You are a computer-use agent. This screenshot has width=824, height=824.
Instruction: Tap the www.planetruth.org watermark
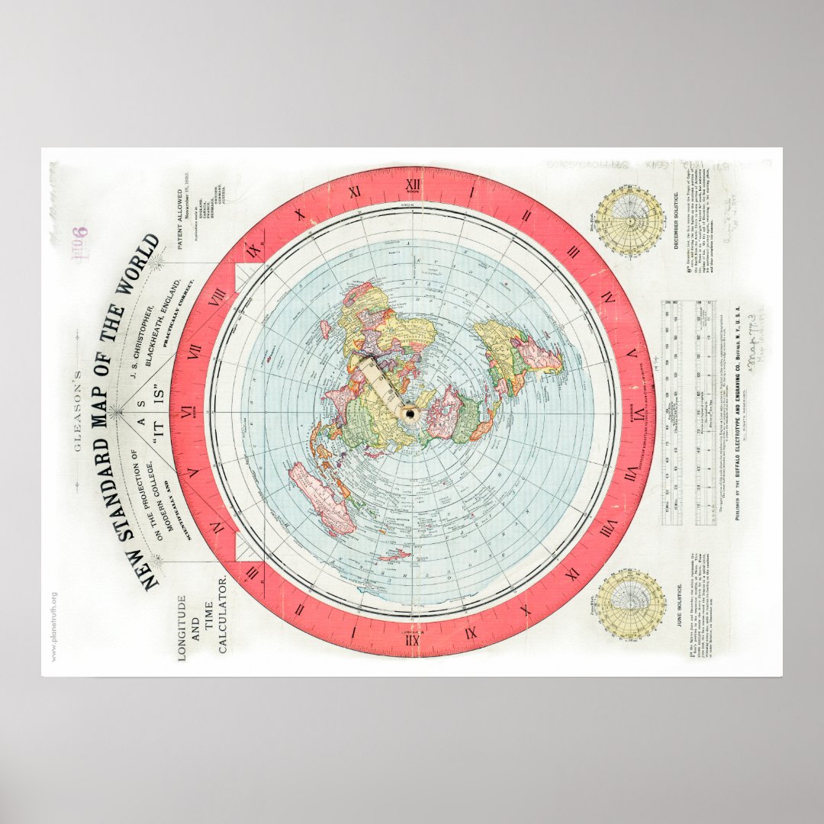click(54, 626)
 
